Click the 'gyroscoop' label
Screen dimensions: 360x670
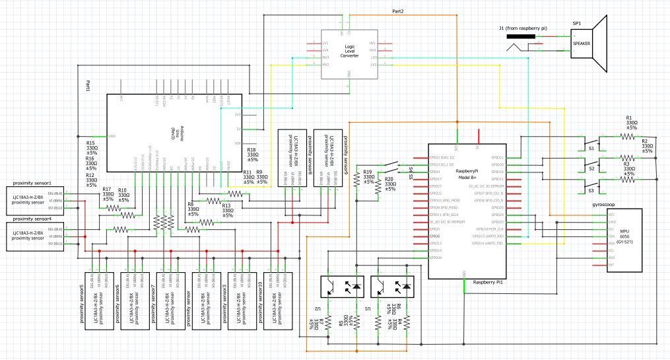click(x=605, y=205)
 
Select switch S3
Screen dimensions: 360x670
click(x=592, y=190)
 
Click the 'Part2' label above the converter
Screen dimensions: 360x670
click(x=398, y=12)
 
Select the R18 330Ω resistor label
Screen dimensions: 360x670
click(x=253, y=156)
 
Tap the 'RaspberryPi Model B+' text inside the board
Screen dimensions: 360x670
click(x=467, y=174)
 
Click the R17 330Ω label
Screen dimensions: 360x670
click(x=109, y=193)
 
